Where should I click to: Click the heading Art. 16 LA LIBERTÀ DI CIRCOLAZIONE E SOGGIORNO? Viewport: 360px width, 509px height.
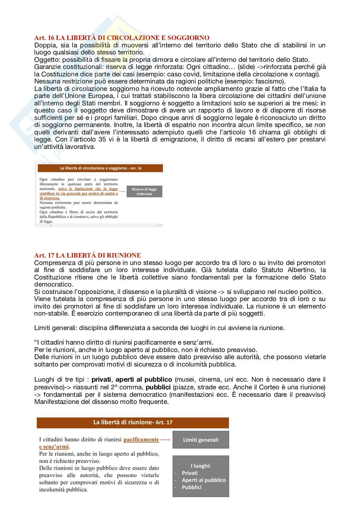click(122, 38)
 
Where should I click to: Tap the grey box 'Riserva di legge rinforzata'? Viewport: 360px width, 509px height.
click(144, 191)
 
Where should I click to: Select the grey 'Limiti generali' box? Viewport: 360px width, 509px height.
click(200, 440)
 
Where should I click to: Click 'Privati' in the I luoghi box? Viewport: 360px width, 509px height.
click(190, 473)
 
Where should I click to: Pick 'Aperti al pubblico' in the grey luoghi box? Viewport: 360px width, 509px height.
click(204, 480)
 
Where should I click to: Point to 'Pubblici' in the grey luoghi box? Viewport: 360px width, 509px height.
click(192, 487)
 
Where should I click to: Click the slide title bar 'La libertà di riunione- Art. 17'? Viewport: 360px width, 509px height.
click(133, 422)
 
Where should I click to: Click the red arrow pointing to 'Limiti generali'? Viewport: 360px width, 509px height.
click(165, 439)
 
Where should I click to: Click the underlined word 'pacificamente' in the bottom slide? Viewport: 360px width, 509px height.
click(141, 439)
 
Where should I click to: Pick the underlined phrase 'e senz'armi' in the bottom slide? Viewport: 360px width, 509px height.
click(54, 447)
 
